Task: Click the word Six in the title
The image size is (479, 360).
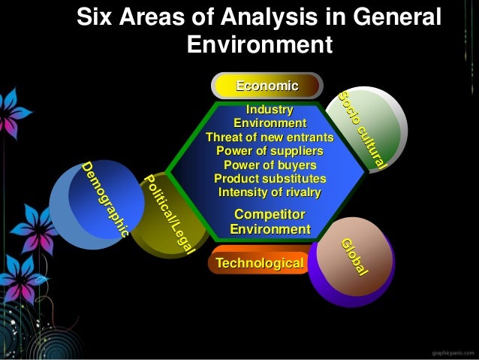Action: click(98, 17)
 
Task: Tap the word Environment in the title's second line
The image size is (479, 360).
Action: click(259, 44)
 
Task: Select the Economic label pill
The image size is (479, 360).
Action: click(267, 86)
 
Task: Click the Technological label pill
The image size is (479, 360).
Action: click(260, 263)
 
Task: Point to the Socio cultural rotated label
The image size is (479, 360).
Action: click(362, 130)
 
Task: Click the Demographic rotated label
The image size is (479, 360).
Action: click(105, 200)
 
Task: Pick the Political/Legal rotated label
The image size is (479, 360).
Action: click(170, 213)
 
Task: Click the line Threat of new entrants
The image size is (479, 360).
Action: click(270, 138)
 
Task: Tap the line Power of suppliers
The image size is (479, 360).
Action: click(270, 151)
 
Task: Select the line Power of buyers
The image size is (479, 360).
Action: click(270, 165)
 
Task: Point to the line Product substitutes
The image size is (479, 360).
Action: click(270, 179)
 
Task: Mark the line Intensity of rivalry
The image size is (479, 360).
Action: click(270, 192)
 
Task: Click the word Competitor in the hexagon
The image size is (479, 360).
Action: click(270, 216)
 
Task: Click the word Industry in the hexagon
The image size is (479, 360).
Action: click(270, 110)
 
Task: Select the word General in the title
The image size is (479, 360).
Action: click(390, 17)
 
